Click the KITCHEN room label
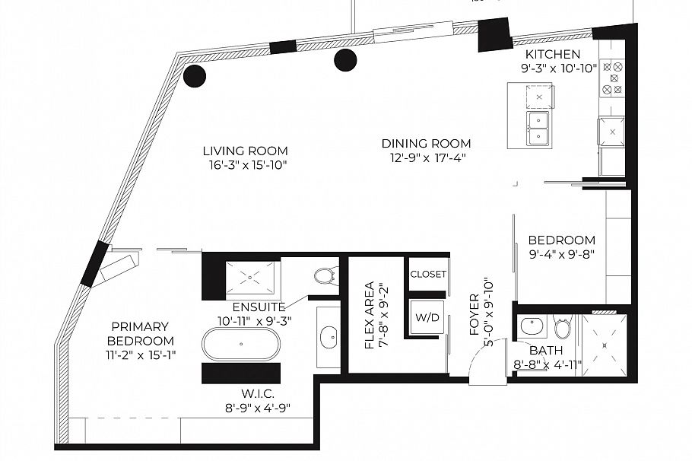pos(553,55)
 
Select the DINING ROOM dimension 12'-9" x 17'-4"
pos(426,157)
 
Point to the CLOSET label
pos(428,274)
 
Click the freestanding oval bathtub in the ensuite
pos(241,344)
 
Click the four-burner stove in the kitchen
pos(612,78)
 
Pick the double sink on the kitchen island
pos(540,129)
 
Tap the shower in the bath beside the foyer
pos(605,344)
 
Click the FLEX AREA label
pos(369,316)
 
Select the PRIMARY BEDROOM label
pos(140,334)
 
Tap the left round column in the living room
pos(195,75)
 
